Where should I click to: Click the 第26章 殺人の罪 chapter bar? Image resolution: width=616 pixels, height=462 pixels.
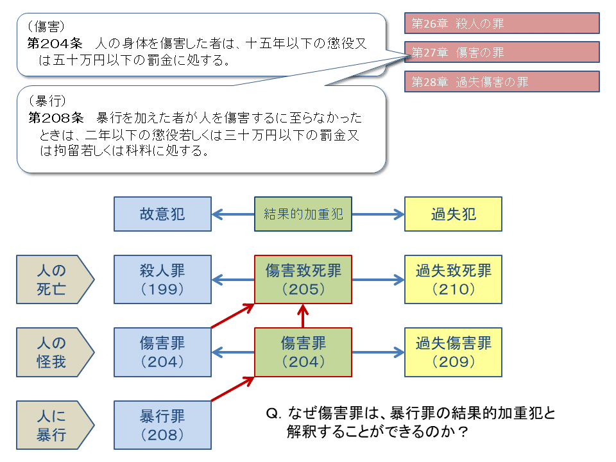[502, 23]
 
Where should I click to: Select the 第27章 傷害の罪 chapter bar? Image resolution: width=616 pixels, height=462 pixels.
[502, 52]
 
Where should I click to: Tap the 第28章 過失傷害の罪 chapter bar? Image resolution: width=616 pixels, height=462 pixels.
[502, 81]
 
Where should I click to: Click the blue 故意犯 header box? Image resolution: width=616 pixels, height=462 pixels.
[162, 214]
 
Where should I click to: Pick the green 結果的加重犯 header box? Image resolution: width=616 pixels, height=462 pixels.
[303, 214]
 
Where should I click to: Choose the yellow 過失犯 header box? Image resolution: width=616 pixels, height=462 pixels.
[453, 214]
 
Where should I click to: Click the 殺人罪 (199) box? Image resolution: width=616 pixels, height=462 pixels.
[162, 279]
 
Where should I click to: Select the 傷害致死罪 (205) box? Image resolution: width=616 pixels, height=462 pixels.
[303, 279]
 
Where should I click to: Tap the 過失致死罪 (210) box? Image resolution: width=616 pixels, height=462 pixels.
[453, 279]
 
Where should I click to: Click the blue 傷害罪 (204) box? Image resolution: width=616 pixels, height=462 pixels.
[162, 352]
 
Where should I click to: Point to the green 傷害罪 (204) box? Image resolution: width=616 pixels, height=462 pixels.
[303, 352]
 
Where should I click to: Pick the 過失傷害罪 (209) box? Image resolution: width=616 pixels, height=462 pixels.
[453, 352]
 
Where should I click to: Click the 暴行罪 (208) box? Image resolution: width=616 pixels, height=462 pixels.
[162, 425]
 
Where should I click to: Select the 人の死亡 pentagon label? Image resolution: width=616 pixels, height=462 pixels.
[53, 279]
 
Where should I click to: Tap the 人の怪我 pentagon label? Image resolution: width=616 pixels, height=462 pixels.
[53, 352]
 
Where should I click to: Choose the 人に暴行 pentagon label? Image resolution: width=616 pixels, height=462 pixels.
[53, 425]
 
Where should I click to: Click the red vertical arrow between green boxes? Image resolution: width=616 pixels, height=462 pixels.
[303, 316]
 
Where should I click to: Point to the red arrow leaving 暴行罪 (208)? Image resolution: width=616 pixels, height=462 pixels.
[233, 389]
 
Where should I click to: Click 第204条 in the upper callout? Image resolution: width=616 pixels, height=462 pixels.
[55, 43]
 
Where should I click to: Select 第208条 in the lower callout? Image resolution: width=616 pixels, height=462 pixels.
[56, 117]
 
